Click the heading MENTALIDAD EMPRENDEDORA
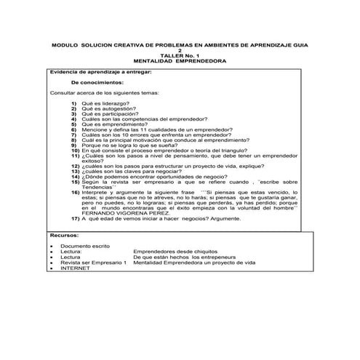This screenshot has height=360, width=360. [180, 62]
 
